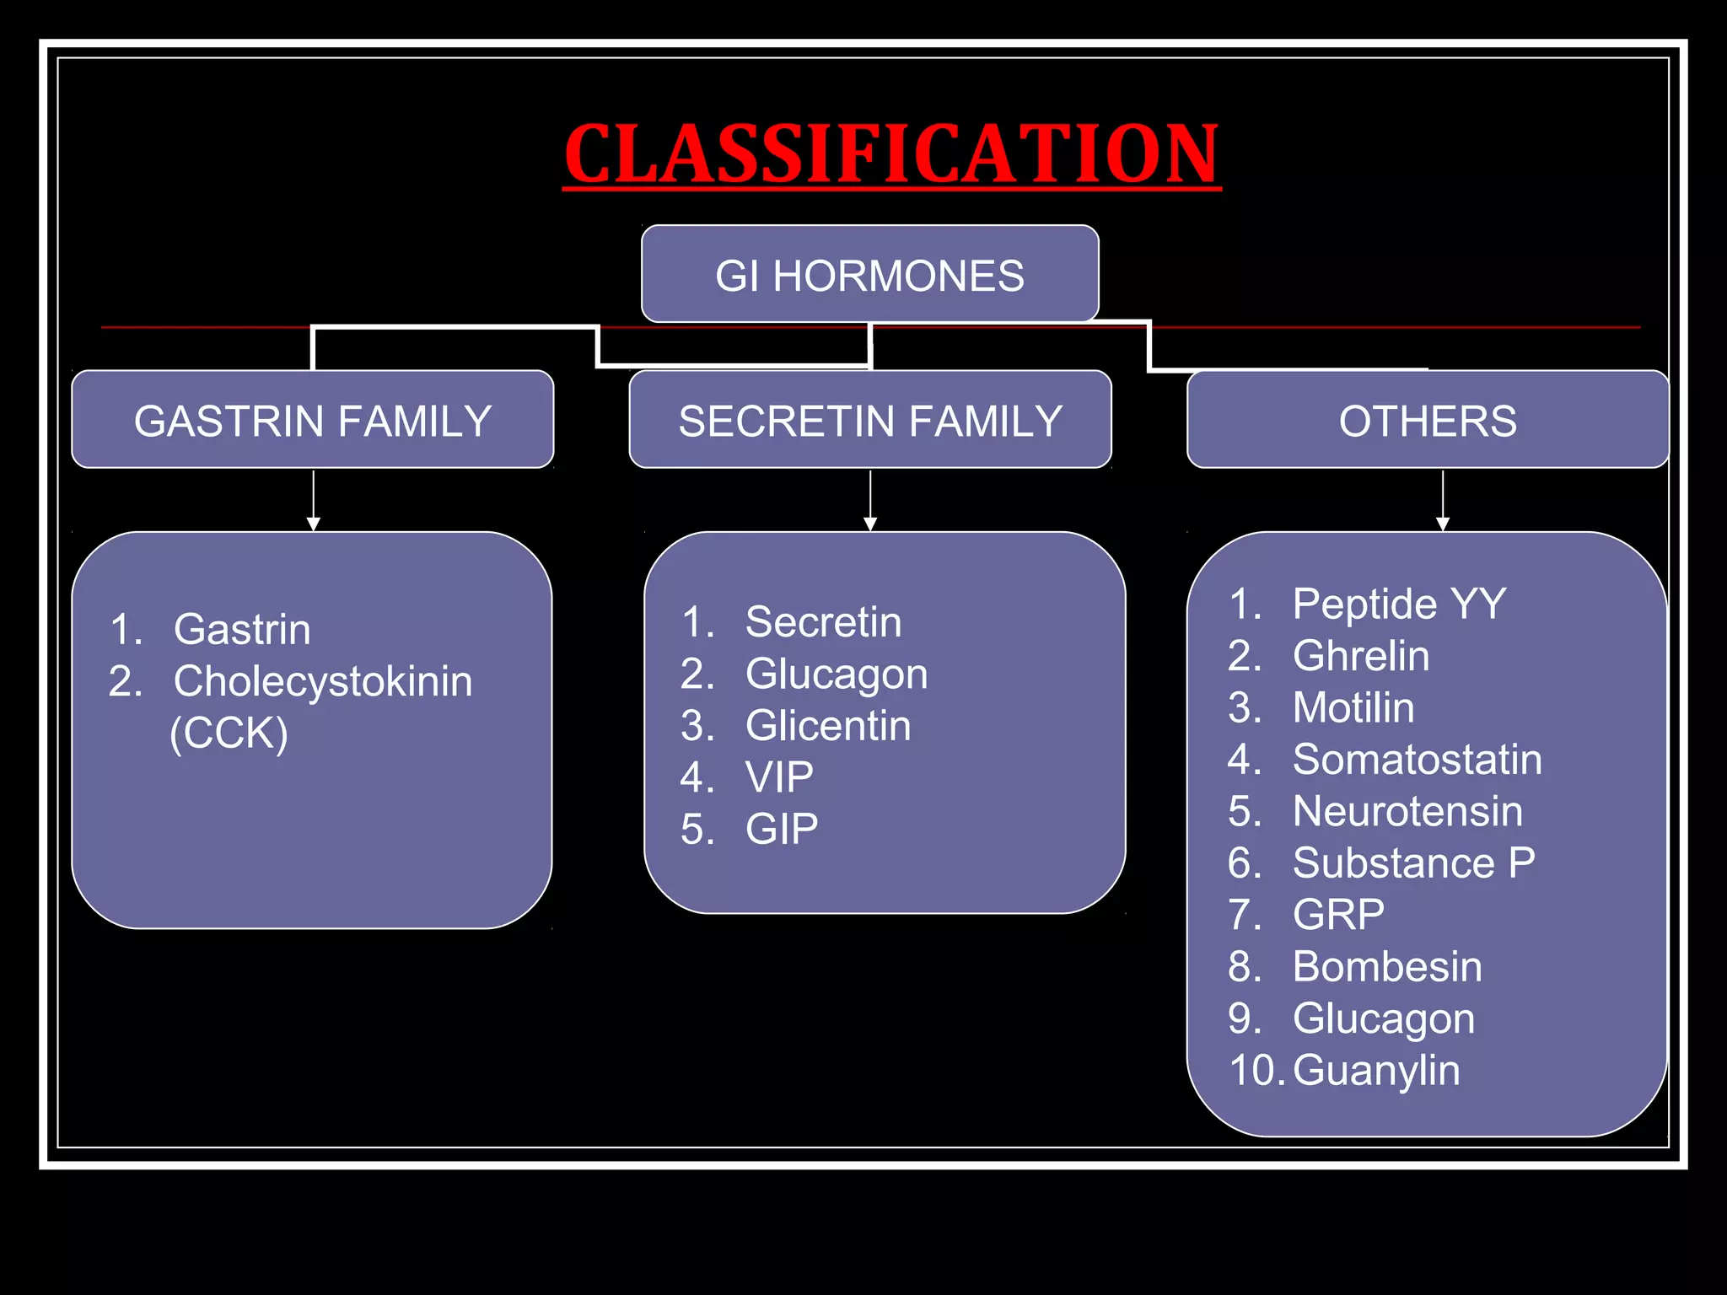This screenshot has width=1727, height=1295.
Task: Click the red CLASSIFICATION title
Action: (892, 153)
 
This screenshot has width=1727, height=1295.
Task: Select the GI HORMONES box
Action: (869, 275)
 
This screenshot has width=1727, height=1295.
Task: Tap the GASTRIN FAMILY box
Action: (313, 420)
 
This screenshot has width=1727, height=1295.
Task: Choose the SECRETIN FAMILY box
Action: (870, 420)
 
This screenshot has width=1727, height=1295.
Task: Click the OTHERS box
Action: (1428, 420)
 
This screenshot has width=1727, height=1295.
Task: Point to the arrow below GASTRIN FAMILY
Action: (314, 501)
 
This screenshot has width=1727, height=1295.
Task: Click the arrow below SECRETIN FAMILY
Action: (870, 501)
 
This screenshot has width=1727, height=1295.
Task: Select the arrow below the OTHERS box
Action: (1443, 501)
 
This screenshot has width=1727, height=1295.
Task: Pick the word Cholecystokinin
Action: (323, 681)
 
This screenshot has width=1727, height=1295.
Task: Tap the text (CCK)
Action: (229, 733)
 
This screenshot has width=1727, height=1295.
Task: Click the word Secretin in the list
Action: (823, 622)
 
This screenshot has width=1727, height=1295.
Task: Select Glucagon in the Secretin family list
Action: (837, 674)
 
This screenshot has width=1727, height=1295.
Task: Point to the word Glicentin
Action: (828, 726)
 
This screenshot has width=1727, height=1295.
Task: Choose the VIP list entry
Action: (779, 777)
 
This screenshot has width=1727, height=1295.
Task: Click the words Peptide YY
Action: (1399, 604)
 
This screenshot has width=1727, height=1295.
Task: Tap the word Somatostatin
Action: (1418, 759)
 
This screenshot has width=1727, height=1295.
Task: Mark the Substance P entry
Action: (1413, 862)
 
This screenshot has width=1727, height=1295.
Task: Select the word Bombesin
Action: (1387, 966)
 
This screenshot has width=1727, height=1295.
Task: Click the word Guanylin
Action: (1376, 1070)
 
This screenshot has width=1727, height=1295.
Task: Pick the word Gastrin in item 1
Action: (242, 630)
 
